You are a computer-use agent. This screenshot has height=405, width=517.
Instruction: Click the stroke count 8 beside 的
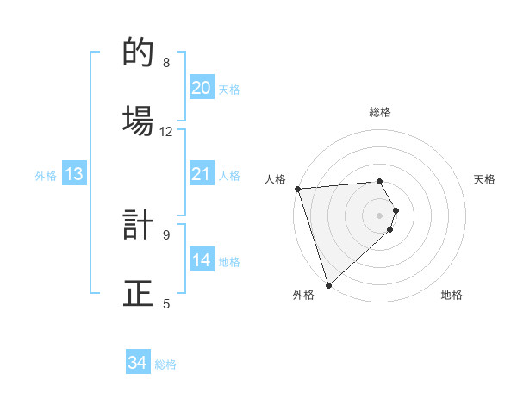pyautogui.click(x=166, y=63)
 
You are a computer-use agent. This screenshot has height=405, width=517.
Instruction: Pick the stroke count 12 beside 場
pyautogui.click(x=166, y=131)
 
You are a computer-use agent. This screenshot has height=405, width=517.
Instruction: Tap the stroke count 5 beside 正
pyautogui.click(x=166, y=303)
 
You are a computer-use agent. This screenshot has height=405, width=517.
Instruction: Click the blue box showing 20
pyautogui.click(x=201, y=87)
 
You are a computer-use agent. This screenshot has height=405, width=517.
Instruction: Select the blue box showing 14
pyautogui.click(x=201, y=259)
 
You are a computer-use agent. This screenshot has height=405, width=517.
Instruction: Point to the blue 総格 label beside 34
pyautogui.click(x=165, y=364)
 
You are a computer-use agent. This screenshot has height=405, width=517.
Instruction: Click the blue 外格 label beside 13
pyautogui.click(x=46, y=175)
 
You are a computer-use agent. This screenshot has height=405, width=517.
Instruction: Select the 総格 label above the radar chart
pyautogui.click(x=380, y=112)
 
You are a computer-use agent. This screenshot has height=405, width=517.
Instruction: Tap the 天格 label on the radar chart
pyautogui.click(x=484, y=179)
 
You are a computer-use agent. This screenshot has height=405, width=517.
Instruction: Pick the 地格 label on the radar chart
pyautogui.click(x=452, y=295)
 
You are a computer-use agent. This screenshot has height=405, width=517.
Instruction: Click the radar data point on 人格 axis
pyautogui.click(x=296, y=189)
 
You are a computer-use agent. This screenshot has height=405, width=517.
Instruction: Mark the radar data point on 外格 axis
pyautogui.click(x=327, y=284)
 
